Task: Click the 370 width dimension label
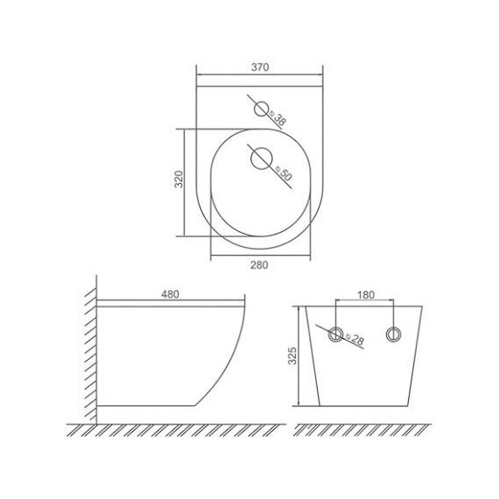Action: point(260,67)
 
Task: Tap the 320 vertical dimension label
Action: point(179,179)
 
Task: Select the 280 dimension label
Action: point(259,264)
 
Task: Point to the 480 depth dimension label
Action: point(170,294)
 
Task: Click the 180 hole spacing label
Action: point(366,295)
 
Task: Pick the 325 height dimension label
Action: point(292,355)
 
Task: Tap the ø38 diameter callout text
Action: point(278,118)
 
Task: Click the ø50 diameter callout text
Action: point(285,173)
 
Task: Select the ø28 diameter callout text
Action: point(355,340)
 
